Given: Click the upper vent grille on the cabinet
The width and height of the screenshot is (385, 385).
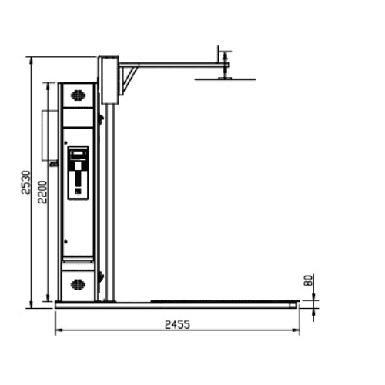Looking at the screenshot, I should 78,96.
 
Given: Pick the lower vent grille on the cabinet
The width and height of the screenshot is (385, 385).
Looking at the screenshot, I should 78,284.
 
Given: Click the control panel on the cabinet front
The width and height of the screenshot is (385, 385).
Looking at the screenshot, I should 78,172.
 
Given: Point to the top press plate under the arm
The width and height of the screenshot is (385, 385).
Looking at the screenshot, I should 224,77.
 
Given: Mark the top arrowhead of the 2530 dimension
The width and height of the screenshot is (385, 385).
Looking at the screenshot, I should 31,59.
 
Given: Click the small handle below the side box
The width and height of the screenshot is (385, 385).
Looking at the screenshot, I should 52,164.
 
